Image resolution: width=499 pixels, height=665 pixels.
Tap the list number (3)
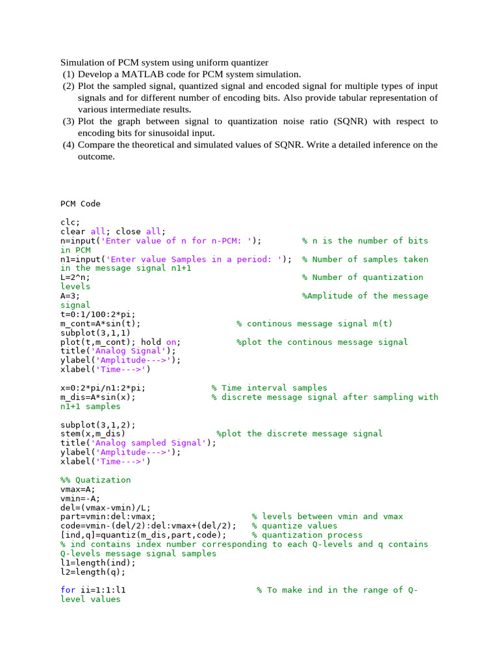(69, 121)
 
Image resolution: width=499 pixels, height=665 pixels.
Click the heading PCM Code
(81, 204)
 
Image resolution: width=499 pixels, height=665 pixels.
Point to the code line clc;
(70, 222)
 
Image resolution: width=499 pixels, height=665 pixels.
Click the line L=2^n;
(75, 277)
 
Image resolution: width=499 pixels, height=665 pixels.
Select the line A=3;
(70, 296)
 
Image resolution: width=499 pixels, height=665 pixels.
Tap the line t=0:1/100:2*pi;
(98, 314)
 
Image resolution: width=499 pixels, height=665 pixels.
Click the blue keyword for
(68, 590)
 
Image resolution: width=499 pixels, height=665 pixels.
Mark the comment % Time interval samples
(270, 388)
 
